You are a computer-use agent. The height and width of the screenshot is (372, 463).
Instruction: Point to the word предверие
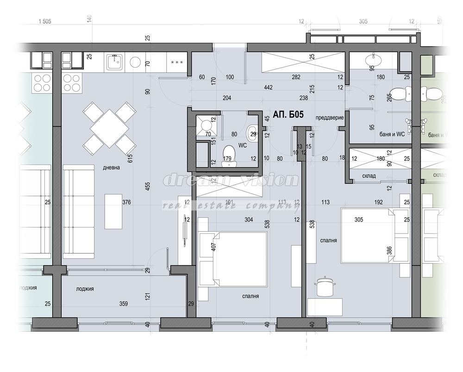[x=329, y=118]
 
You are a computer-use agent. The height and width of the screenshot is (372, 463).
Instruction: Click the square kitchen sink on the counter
[x=114, y=62]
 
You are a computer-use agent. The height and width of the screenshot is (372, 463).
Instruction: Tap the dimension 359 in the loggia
[x=123, y=304]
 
